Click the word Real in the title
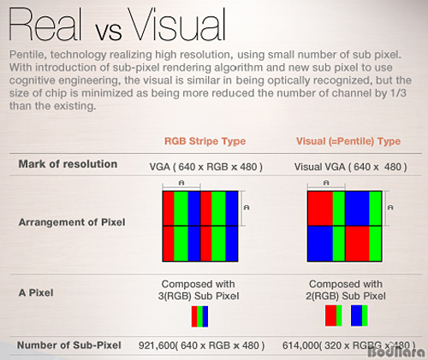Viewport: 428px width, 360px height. tap(45, 24)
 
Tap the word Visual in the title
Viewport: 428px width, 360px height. tap(177, 24)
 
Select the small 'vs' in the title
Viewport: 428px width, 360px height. tap(108, 31)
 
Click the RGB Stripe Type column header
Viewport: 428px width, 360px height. tap(205, 141)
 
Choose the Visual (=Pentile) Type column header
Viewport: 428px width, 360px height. tap(348, 141)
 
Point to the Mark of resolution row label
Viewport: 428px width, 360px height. tap(68, 164)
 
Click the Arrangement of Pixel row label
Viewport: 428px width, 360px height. tap(72, 222)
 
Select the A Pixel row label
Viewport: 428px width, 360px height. tap(36, 292)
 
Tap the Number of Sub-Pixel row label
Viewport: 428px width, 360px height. tap(69, 345)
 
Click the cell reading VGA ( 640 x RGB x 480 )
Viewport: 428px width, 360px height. tap(206, 167)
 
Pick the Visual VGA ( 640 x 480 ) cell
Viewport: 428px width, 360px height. tap(351, 167)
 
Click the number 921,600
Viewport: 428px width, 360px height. tap(157, 345)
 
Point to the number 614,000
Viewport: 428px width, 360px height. tap(300, 345)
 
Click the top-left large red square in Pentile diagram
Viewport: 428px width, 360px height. tap(320, 209)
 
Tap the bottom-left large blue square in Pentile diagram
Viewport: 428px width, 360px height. tap(320, 244)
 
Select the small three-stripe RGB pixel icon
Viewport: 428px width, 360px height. tap(199, 316)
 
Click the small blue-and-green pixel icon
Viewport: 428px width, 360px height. tap(360, 316)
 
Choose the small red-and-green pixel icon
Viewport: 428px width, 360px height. tap(334, 316)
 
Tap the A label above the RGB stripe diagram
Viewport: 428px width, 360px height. tap(181, 183)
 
